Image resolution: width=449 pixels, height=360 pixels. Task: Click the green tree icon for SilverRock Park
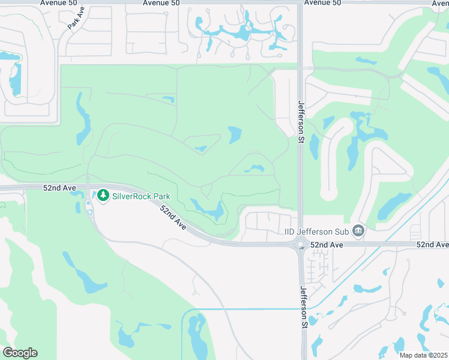103,196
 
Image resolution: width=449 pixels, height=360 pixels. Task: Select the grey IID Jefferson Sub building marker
358,231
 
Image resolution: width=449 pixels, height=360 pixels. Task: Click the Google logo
20,353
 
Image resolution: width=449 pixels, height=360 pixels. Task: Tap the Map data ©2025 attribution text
423,355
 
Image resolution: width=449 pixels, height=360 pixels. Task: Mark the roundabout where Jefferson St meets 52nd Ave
300,244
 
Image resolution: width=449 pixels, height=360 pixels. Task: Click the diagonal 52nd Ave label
173,217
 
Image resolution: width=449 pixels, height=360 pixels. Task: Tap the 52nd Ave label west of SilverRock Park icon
59,188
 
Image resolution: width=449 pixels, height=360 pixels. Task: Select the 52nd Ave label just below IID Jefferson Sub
327,245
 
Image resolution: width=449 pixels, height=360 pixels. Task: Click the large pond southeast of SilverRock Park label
210,209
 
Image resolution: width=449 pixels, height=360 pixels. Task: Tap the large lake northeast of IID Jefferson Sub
395,204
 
